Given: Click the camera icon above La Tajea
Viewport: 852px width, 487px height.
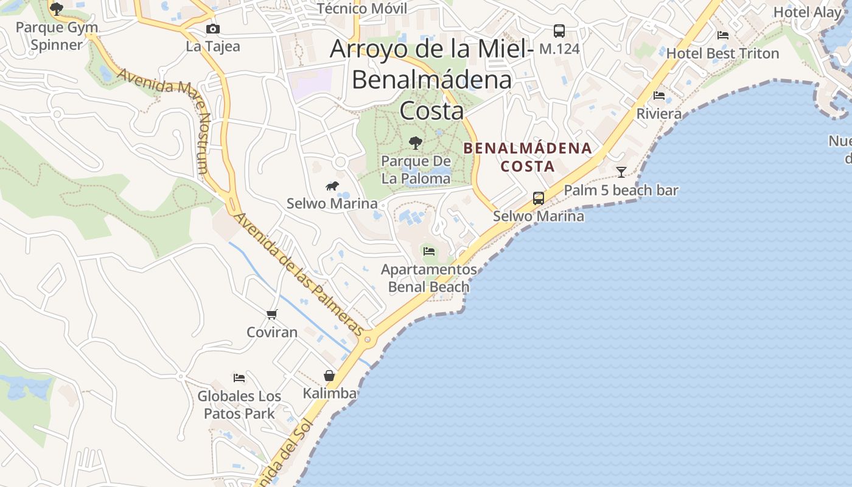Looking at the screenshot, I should click(212, 29).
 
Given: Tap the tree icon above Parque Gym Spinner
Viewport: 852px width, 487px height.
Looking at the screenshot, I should click(57, 9).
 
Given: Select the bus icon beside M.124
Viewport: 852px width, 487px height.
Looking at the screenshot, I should click(559, 30).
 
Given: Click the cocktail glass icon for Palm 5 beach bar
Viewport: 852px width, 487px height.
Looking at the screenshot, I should click(621, 172).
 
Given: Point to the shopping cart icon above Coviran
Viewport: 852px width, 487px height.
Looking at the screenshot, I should click(272, 314).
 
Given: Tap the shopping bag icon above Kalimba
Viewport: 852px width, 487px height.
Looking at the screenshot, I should click(329, 376).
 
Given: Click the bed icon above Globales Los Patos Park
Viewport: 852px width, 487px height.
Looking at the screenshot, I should click(239, 378).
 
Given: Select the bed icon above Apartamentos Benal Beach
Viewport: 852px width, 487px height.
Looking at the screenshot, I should click(429, 251).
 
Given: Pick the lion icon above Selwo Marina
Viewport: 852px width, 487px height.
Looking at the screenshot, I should click(332, 186).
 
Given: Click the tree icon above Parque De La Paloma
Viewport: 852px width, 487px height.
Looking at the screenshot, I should click(416, 143).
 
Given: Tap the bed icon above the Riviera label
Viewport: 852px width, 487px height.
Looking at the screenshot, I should click(659, 96).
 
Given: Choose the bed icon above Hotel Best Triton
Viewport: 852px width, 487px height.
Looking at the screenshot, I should click(723, 35).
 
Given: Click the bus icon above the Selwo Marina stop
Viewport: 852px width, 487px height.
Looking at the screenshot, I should click(539, 198).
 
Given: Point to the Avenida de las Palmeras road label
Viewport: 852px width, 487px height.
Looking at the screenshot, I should click(299, 274).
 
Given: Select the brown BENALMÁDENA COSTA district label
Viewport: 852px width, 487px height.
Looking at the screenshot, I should click(528, 156).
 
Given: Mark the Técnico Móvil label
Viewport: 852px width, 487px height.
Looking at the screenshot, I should click(362, 9).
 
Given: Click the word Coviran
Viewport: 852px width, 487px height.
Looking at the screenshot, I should click(272, 332).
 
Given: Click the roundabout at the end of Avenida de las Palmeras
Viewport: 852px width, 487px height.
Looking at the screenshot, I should click(367, 339).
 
